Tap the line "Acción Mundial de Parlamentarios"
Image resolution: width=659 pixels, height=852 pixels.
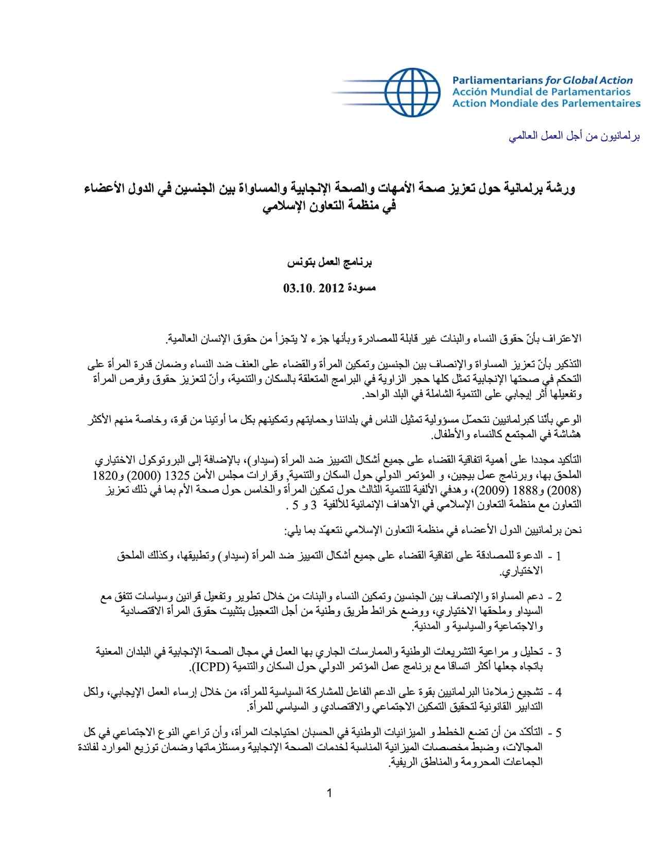[x=541, y=92]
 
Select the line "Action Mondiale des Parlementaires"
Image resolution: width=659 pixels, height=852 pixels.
[x=546, y=103]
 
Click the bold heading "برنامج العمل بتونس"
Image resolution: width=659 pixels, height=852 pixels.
[x=329, y=263]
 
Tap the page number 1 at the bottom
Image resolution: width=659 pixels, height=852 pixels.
[x=329, y=793]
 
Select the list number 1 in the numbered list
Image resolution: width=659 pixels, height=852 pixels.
[x=559, y=556]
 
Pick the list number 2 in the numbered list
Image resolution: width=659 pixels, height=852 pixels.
[x=559, y=597]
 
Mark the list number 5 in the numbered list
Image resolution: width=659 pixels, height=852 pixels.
[x=559, y=732]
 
